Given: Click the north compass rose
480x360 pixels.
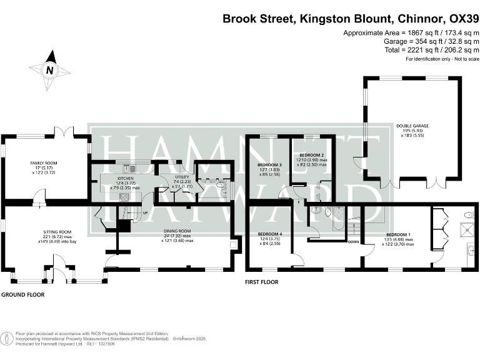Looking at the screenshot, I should (49, 70).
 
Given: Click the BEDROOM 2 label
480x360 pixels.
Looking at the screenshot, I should (311, 155).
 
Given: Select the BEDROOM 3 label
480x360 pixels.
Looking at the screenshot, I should (269, 165).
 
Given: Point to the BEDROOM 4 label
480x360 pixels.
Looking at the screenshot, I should (270, 234).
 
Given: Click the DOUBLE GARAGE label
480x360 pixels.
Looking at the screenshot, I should (412, 126).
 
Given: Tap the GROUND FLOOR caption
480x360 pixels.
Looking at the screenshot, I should (22, 294).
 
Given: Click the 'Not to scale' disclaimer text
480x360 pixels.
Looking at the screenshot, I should (456, 59).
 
